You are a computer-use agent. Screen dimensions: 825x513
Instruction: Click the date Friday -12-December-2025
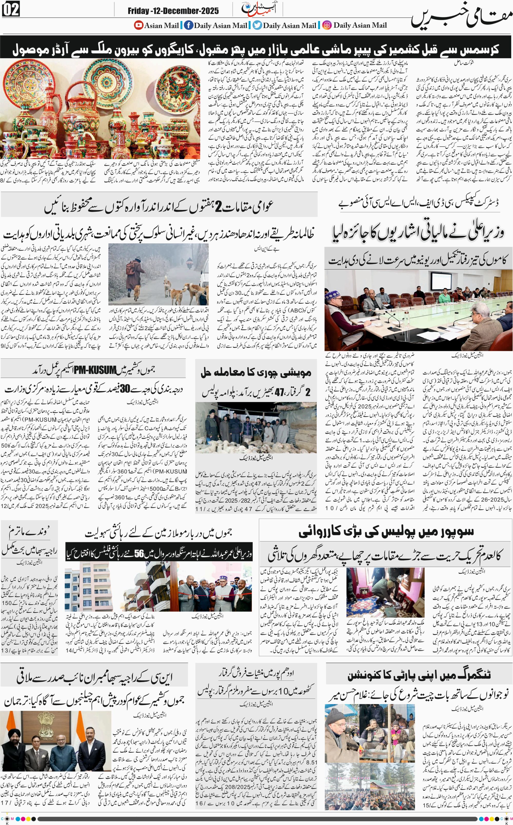173,11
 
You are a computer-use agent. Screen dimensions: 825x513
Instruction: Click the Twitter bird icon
258,25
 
